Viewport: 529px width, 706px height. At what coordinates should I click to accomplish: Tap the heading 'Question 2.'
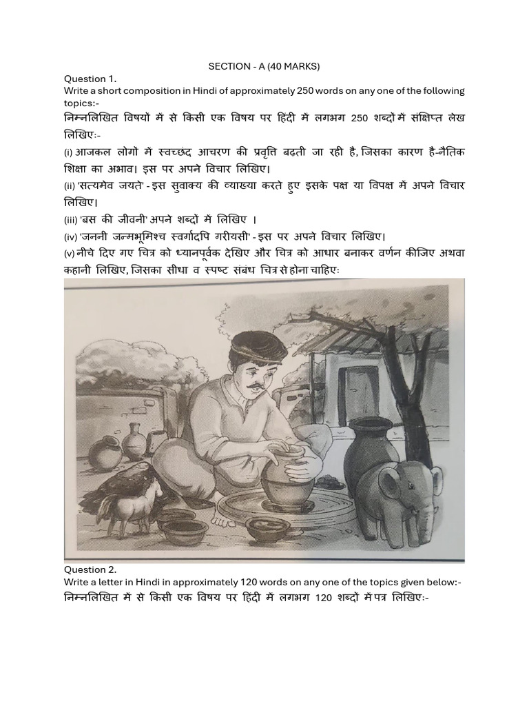tap(90, 569)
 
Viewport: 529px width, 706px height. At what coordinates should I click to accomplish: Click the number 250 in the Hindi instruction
tap(360, 118)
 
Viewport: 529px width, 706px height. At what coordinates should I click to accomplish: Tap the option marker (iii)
tap(70, 220)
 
